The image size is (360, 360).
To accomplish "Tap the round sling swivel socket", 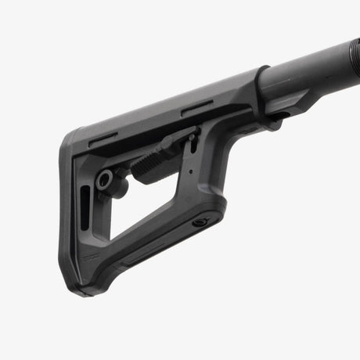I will [103, 180].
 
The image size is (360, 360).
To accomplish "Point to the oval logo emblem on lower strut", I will [200, 222].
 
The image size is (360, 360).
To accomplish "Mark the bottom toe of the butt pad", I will [88, 288].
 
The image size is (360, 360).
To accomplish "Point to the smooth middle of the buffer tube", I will [309, 69].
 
